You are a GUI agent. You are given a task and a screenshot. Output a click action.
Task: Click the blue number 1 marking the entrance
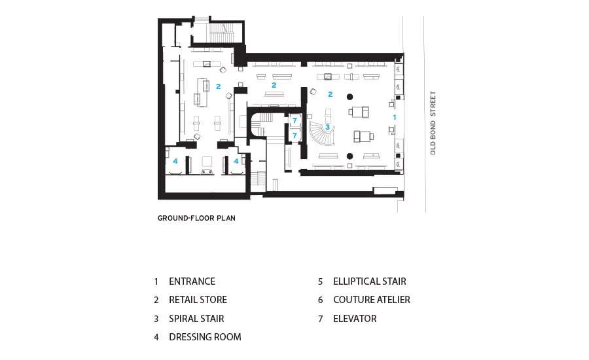(x=395, y=117)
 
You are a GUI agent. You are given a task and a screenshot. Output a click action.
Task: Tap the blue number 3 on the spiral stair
(x=328, y=127)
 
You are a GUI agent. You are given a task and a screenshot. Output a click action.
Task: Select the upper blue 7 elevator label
(x=295, y=120)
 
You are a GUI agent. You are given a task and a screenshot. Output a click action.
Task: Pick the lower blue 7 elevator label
(x=295, y=135)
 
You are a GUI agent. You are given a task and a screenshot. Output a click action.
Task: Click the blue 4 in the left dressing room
(x=175, y=161)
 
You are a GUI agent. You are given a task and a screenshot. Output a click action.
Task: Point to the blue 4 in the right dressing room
(x=236, y=161)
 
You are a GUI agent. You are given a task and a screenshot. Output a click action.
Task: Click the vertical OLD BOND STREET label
(x=433, y=123)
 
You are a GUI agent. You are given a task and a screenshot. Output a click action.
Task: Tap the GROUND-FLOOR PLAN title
(x=196, y=218)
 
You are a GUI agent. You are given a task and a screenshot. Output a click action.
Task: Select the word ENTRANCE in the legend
(x=192, y=281)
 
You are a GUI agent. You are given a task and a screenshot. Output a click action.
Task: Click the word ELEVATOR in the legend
(x=355, y=319)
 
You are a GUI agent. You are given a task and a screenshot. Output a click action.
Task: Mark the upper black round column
(x=349, y=97)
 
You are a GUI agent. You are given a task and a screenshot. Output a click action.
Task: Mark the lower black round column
(x=349, y=156)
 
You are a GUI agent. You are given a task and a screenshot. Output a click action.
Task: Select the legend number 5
(x=321, y=281)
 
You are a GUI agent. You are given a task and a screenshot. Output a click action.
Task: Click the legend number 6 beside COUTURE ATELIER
(x=321, y=300)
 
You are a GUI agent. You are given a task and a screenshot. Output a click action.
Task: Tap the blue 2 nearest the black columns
(x=330, y=94)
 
